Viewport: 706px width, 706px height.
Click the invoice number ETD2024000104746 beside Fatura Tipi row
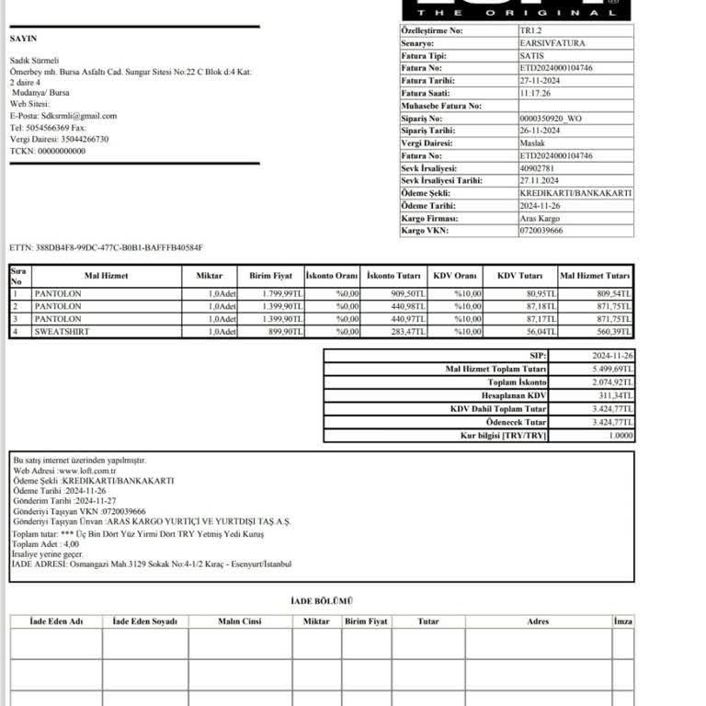point(556,68)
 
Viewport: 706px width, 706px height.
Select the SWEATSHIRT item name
point(62,331)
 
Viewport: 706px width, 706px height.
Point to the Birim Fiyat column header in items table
point(270,276)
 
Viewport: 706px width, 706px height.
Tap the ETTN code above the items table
point(106,248)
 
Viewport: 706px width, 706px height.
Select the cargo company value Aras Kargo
point(540,218)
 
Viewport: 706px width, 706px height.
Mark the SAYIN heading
point(23,39)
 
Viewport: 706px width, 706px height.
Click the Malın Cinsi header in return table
point(239,621)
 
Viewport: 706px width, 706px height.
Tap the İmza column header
point(622,621)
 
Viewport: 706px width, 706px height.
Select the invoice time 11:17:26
point(535,93)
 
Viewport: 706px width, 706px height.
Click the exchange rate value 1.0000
point(621,435)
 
